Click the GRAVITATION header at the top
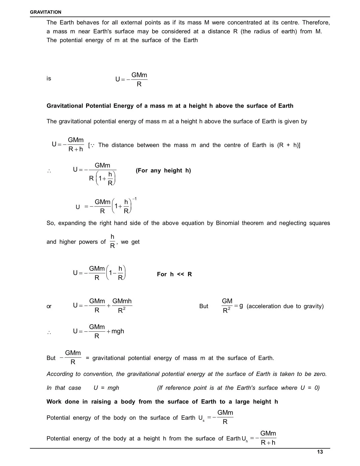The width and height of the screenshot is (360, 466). pyautogui.click(x=45, y=12)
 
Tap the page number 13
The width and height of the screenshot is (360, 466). pyautogui.click(x=320, y=452)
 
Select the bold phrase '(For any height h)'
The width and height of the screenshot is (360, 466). pyautogui.click(x=163, y=171)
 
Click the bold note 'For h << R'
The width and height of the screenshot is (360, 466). pyautogui.click(x=174, y=274)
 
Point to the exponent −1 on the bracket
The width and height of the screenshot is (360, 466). pyautogui.click(x=134, y=199)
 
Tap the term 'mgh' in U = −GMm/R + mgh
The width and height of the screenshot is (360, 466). pyautogui.click(x=118, y=331)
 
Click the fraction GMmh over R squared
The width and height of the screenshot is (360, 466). pyautogui.click(x=122, y=306)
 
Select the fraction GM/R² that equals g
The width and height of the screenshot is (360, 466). pyautogui.click(x=227, y=306)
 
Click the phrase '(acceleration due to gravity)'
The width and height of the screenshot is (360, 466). pyautogui.click(x=285, y=306)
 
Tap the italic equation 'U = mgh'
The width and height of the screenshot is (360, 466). pyautogui.click(x=106, y=388)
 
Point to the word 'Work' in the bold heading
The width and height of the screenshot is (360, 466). pyautogui.click(x=54, y=402)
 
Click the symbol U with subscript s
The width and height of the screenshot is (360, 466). pyautogui.click(x=201, y=418)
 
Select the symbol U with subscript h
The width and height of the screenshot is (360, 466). pyautogui.click(x=245, y=439)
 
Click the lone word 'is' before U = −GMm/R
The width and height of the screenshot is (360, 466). pyautogui.click(x=49, y=79)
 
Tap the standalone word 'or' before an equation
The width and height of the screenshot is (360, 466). pyautogui.click(x=49, y=306)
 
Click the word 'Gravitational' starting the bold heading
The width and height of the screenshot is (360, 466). pyautogui.click(x=65, y=106)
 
